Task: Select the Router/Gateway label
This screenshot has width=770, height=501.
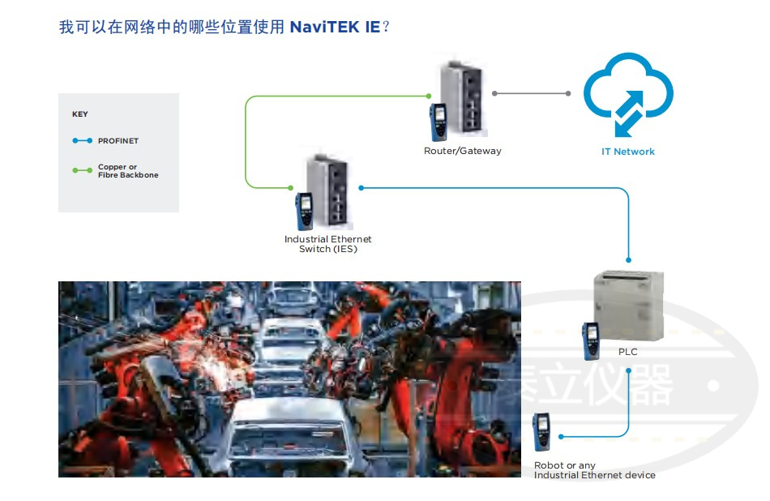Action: (x=463, y=151)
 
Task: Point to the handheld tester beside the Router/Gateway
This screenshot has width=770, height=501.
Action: (x=439, y=122)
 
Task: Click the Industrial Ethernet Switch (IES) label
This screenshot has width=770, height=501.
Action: (x=327, y=244)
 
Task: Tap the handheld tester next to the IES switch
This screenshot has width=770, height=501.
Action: (x=305, y=210)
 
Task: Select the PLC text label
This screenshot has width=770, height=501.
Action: (x=628, y=352)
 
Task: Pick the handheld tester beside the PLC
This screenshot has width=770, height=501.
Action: (x=589, y=340)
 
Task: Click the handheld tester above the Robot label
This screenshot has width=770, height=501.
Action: (x=541, y=432)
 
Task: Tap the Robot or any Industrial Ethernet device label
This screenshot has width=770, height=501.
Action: (x=594, y=470)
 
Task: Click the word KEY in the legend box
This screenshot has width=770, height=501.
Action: (x=79, y=114)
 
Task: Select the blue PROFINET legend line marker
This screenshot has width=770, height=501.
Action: (x=82, y=141)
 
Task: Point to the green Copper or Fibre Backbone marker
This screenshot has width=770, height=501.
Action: (x=82, y=170)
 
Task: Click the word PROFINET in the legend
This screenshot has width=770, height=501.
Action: (x=118, y=141)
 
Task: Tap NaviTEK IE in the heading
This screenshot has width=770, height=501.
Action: (x=335, y=28)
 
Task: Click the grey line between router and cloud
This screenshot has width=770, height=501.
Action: (x=532, y=93)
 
